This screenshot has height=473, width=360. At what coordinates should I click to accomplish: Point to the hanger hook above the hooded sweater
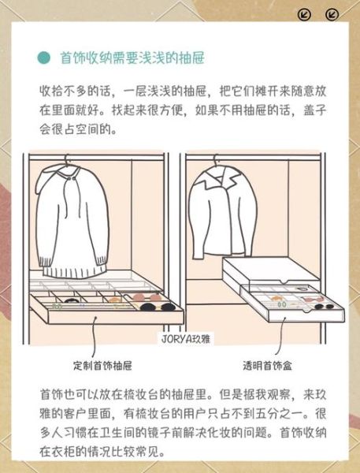[69, 161]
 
